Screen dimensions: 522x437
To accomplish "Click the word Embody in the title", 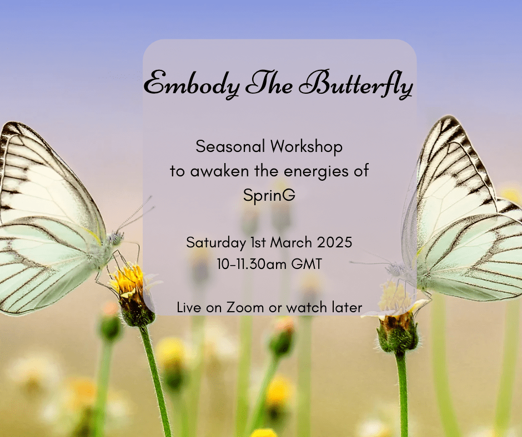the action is tap(192, 84).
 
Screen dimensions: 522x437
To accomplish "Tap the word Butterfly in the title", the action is tap(356, 84).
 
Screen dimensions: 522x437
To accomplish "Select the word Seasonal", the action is tap(230, 146).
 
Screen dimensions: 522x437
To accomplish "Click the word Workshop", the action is tap(307, 147).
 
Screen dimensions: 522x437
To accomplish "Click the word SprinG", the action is tap(269, 195).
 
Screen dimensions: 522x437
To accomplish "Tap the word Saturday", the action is tap(216, 243).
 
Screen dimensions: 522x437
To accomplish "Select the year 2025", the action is tap(334, 242).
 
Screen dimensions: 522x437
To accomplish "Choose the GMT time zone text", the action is tap(307, 264).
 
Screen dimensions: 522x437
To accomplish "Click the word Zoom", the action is tap(245, 307).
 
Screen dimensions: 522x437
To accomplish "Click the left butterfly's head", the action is tap(115, 237).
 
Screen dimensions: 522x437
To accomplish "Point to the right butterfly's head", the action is tap(396, 270).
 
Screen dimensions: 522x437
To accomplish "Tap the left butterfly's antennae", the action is tap(136, 215).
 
